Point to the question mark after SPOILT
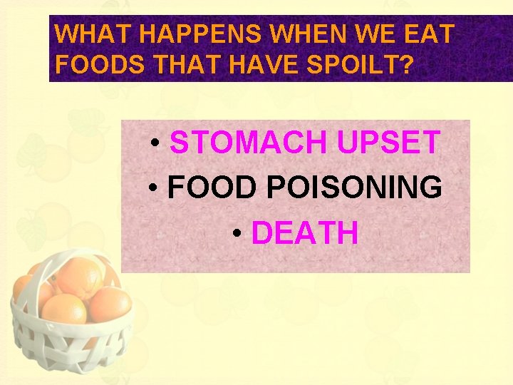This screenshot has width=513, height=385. pos(407,66)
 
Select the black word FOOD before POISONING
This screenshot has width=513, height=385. pos(212,188)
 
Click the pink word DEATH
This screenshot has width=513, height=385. pos(305,233)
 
